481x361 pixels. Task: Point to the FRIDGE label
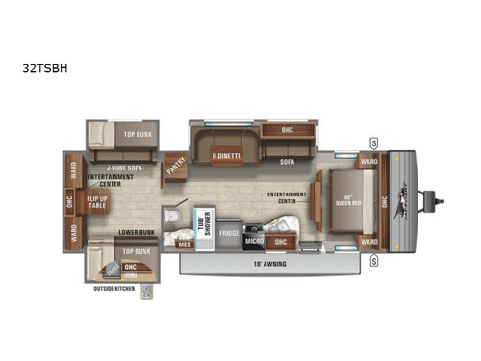(228, 232)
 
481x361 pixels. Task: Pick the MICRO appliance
(255, 240)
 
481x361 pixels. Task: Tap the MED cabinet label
(186, 244)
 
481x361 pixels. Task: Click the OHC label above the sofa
(288, 130)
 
